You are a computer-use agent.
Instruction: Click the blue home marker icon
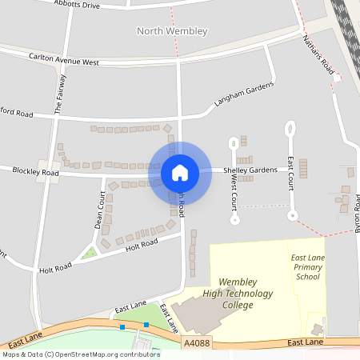[180, 172]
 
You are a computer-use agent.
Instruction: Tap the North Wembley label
[172, 31]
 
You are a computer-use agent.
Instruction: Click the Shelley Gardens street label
[250, 170]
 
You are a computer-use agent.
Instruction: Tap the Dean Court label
[100, 210]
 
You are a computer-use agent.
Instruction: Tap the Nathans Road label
[318, 55]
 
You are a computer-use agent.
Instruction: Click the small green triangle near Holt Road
[90, 254]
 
